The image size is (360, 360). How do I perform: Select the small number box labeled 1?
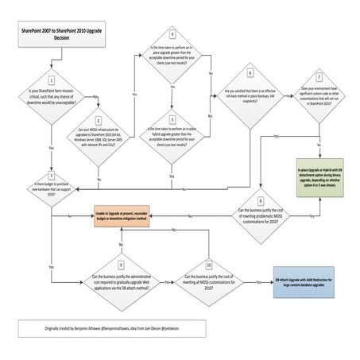coord(52,79)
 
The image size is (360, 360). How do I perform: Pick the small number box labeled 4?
coord(172,36)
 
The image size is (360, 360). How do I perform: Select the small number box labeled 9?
coord(120,263)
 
